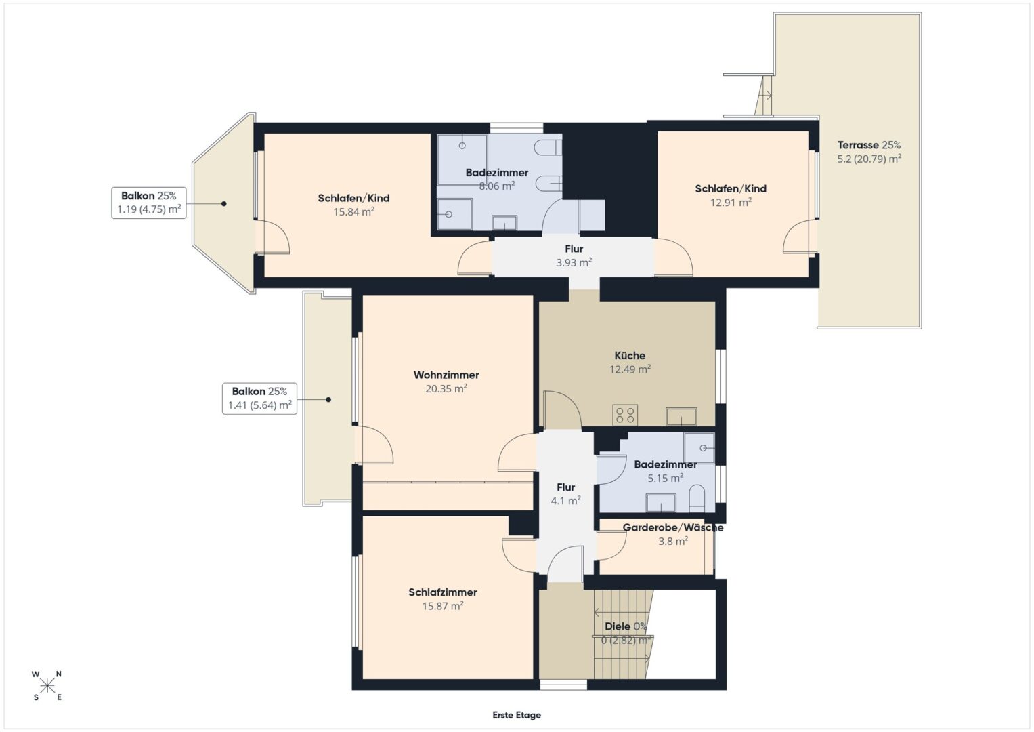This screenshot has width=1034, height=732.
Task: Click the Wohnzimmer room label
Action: [x=446, y=375]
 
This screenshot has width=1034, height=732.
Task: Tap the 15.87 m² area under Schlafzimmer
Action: [x=443, y=606]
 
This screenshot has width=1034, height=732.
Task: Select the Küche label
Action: [x=630, y=355]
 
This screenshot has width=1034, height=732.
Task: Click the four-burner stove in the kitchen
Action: [x=625, y=415]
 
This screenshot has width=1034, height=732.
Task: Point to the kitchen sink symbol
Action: [x=681, y=416]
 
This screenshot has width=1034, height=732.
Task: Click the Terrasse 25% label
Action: [x=869, y=144]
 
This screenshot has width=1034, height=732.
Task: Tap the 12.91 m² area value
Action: [x=731, y=203]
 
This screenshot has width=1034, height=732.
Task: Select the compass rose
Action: [x=47, y=686]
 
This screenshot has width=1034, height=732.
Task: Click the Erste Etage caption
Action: [x=517, y=715]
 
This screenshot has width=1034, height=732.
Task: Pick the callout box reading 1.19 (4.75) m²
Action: [x=149, y=203]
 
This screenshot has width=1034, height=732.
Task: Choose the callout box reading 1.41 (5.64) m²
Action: [x=259, y=399]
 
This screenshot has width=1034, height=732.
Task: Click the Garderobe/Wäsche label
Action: [x=673, y=527]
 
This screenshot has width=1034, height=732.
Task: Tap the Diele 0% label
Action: [x=626, y=626]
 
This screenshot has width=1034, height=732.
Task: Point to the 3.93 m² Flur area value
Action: [x=574, y=262]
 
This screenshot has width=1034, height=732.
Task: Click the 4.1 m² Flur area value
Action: [x=565, y=500]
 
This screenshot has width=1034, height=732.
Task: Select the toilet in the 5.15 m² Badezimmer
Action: [x=697, y=498]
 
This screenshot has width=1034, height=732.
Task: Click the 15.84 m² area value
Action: [x=353, y=211]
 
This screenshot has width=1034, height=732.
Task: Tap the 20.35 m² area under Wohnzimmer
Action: [x=446, y=388]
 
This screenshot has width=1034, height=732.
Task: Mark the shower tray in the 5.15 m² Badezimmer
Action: [x=699, y=448]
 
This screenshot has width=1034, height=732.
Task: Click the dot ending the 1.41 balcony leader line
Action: [x=328, y=399]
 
